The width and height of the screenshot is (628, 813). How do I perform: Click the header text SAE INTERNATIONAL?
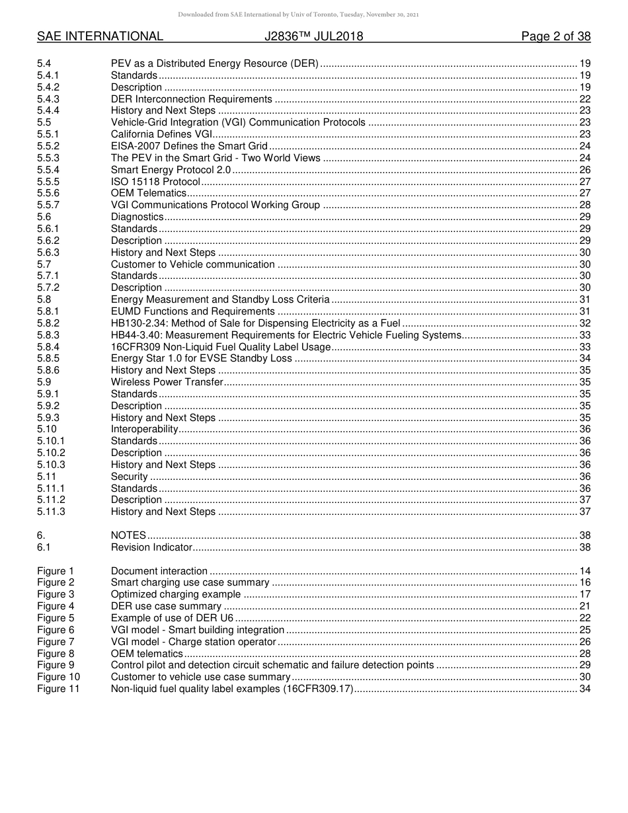[100, 36]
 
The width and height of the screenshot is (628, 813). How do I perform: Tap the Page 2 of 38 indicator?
[555, 36]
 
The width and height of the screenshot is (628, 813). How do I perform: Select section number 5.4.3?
[48, 99]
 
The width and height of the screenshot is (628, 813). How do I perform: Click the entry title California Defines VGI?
[161, 134]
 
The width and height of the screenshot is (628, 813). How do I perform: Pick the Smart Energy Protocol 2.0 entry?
[171, 170]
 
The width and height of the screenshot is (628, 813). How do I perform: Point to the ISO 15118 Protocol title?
[155, 182]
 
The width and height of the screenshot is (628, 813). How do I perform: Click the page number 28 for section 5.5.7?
[584, 205]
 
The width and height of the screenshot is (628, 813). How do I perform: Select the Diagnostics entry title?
[137, 217]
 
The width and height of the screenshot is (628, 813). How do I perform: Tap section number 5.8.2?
[48, 323]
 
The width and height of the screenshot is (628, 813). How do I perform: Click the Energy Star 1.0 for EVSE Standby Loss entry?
[201, 358]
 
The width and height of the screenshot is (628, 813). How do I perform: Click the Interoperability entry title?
[145, 429]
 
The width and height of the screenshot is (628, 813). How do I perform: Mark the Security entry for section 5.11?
[129, 477]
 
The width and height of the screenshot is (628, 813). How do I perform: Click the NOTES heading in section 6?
[128, 535]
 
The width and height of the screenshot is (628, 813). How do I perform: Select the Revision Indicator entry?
[151, 547]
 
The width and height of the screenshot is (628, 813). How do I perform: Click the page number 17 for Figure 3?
[584, 594]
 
